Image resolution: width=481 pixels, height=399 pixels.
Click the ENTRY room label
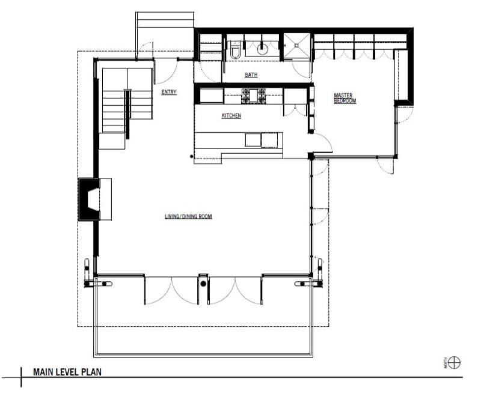[x=169, y=92]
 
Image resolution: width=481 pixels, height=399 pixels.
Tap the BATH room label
[x=251, y=75]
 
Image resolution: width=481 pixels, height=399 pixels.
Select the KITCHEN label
[x=231, y=115]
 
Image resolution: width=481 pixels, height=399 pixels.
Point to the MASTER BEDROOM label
[x=345, y=98]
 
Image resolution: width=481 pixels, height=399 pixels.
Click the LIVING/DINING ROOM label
[x=188, y=216]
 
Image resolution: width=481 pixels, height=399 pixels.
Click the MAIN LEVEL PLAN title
[x=67, y=372]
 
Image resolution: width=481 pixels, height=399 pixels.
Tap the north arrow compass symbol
[x=454, y=363]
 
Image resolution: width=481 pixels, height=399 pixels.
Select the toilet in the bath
[x=236, y=50]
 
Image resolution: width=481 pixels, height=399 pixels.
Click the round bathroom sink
[x=262, y=49]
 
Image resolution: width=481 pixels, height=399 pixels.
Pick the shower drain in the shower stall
[x=296, y=46]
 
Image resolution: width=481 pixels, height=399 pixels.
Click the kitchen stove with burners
[x=253, y=96]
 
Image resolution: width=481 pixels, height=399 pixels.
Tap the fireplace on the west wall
[x=90, y=199]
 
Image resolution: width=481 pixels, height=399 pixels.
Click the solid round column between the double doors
[x=203, y=284]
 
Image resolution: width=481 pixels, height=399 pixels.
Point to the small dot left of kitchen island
[x=192, y=156]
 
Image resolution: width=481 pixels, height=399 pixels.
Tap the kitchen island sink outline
[x=269, y=140]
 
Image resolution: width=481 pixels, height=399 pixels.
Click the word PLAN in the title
[x=91, y=372]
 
